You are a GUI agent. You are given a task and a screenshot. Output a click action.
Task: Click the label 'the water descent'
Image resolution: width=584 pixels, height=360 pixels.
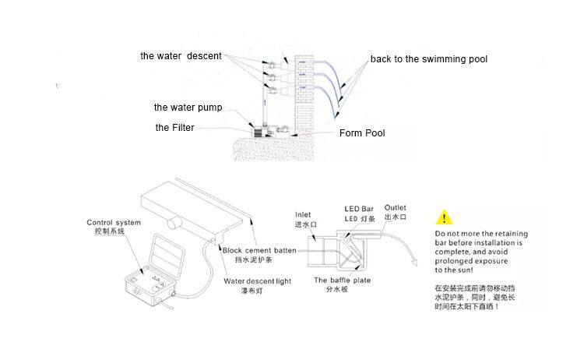[x=181, y=56]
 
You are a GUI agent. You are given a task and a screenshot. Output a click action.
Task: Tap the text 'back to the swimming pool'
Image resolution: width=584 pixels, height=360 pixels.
[x=429, y=59]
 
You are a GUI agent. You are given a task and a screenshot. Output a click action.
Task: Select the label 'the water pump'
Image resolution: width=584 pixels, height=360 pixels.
[x=188, y=108]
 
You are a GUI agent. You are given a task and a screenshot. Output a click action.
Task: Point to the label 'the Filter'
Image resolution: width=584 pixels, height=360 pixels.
[x=174, y=128]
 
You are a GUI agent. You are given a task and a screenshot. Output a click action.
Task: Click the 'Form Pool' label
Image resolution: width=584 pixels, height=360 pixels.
[x=362, y=133]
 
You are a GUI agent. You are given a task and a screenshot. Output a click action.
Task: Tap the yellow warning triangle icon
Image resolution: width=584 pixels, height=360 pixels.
[x=444, y=217]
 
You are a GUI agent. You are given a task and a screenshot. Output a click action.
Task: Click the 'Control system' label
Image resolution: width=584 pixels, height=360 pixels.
[x=114, y=223]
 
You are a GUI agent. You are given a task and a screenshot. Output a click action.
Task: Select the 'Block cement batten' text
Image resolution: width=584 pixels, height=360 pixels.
[x=259, y=250]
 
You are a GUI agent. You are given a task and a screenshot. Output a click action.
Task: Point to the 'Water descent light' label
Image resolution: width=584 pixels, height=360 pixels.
[x=258, y=281]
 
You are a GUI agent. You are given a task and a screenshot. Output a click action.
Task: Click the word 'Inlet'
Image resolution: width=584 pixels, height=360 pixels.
[x=303, y=214]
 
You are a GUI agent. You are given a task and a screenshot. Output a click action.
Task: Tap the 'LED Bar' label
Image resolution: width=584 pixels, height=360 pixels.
[x=359, y=209]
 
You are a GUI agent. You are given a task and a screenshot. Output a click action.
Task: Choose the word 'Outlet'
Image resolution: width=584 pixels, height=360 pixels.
[x=395, y=207]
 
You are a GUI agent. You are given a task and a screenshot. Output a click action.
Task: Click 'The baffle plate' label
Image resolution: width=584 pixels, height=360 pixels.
[x=343, y=281]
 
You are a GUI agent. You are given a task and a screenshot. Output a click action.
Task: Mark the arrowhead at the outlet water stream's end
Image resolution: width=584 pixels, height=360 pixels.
[x=414, y=262]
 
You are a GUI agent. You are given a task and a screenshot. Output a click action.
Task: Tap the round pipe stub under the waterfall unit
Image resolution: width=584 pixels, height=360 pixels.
[x=174, y=224]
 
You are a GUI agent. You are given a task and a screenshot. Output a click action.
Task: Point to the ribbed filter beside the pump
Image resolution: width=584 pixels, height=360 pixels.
[x=258, y=132]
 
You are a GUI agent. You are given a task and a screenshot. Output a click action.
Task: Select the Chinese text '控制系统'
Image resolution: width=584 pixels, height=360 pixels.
[x=110, y=231]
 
